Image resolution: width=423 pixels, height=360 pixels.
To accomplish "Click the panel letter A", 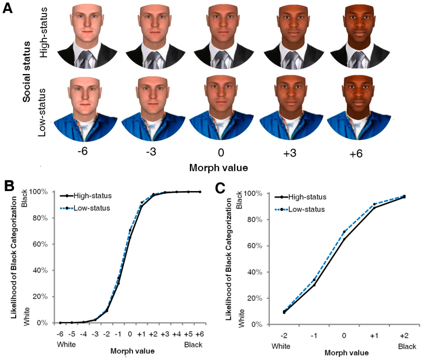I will (9, 9).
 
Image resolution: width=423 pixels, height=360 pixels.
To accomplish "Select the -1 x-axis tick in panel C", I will (314, 335).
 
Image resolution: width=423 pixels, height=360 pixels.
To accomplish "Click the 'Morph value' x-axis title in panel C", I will (345, 352).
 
